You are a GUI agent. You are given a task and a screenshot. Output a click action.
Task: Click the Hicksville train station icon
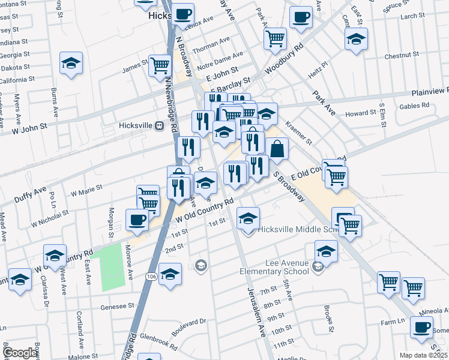tap(159, 125)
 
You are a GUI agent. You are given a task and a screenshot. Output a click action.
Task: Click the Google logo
tap(20, 353)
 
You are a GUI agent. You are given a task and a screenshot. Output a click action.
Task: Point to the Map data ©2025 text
tap(424, 355)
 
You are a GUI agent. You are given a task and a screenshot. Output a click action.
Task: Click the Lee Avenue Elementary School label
tap(288, 267)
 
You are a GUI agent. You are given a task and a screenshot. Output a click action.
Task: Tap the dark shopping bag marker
tap(277, 148)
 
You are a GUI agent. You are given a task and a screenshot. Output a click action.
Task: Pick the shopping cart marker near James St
tap(160, 65)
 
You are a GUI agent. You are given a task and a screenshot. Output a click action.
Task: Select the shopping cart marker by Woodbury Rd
tap(275, 38)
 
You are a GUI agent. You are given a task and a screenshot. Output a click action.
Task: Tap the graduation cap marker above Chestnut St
tap(356, 39)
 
